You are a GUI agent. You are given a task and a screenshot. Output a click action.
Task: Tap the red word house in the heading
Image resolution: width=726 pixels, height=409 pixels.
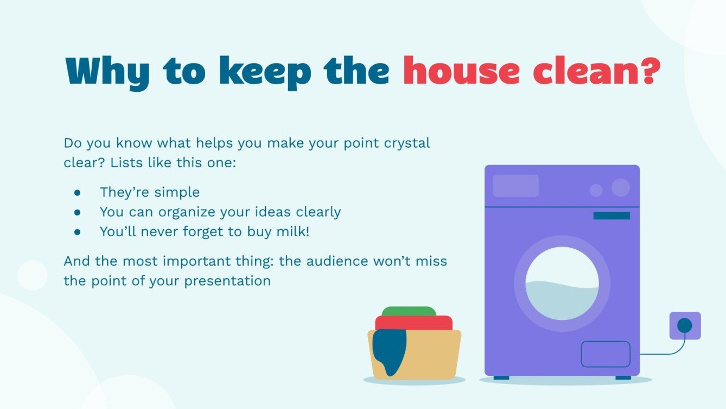(456, 71)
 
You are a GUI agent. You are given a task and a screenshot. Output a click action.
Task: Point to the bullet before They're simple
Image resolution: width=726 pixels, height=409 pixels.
(77, 192)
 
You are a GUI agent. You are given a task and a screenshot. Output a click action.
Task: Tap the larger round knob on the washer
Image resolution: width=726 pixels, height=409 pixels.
(621, 188)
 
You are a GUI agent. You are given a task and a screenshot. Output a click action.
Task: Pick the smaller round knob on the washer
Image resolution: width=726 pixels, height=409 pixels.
(596, 190)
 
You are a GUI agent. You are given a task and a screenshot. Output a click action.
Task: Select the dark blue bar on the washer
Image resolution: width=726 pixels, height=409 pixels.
(612, 216)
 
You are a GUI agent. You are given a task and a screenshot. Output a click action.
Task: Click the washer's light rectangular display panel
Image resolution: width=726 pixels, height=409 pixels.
(515, 186)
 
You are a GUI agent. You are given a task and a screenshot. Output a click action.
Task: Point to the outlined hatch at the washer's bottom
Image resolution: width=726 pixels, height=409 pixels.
(606, 354)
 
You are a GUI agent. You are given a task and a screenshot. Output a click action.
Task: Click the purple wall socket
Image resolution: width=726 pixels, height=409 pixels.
(685, 325)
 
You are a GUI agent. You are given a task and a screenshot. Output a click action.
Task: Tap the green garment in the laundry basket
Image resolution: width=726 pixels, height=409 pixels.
(409, 311)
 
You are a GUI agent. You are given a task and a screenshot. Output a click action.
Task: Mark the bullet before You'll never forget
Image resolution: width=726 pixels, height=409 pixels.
(77, 231)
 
